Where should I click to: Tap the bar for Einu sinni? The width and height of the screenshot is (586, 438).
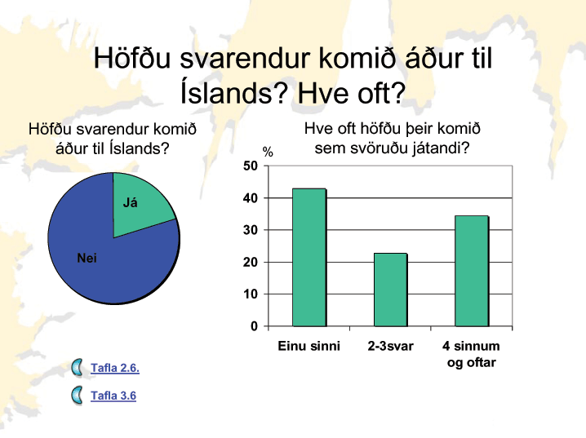coord(309,258)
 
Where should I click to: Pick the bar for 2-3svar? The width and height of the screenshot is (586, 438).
coord(391,290)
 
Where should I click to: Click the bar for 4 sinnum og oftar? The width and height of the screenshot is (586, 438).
coord(472,271)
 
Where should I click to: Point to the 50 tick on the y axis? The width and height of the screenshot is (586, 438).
coord(251,166)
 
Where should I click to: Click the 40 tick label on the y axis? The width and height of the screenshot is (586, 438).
coord(251,198)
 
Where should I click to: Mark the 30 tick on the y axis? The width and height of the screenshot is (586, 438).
coord(251,230)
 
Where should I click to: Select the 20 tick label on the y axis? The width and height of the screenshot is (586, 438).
coord(251,262)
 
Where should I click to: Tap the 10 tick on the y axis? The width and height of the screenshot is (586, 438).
coord(251,294)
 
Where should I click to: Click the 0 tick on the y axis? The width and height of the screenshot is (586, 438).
coord(255,326)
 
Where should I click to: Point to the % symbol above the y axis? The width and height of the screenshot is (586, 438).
coord(268,152)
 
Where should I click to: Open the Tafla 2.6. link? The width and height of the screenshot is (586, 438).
coord(115,368)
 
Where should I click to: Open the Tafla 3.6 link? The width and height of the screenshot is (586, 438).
coord(113,396)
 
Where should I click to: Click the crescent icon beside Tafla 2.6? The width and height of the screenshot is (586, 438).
coord(77,367)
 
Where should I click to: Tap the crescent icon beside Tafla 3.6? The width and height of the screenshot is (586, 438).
coord(77,396)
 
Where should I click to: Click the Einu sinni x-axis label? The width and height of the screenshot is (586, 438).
coord(309,346)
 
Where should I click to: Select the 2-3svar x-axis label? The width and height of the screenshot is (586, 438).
coord(391,346)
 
